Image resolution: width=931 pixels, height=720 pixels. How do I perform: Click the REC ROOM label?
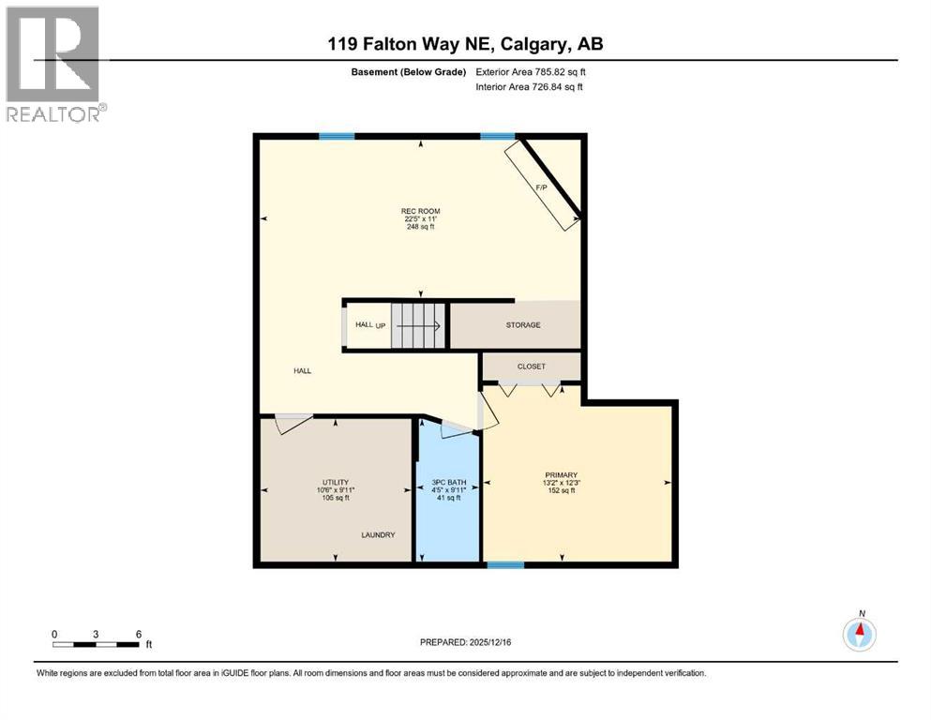(420, 211)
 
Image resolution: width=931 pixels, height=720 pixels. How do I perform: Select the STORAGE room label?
(523, 325)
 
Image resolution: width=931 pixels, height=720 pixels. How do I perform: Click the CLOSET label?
(531, 367)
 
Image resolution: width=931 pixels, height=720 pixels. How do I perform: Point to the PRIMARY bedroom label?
(561, 475)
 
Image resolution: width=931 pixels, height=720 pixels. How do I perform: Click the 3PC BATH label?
(446, 483)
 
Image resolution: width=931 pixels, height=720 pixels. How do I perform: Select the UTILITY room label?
(336, 482)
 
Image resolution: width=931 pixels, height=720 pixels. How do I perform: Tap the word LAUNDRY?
(379, 535)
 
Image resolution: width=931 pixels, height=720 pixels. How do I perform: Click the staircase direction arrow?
(417, 325)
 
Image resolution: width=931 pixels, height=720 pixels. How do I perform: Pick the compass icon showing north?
(859, 635)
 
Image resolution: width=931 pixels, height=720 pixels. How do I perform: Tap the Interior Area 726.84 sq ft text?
(530, 87)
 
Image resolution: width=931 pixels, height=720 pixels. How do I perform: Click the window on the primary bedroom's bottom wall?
(504, 565)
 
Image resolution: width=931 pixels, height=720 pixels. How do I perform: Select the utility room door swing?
(293, 423)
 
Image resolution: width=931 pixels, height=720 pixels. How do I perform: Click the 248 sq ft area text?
(420, 227)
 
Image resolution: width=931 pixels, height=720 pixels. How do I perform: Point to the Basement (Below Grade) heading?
(408, 72)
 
